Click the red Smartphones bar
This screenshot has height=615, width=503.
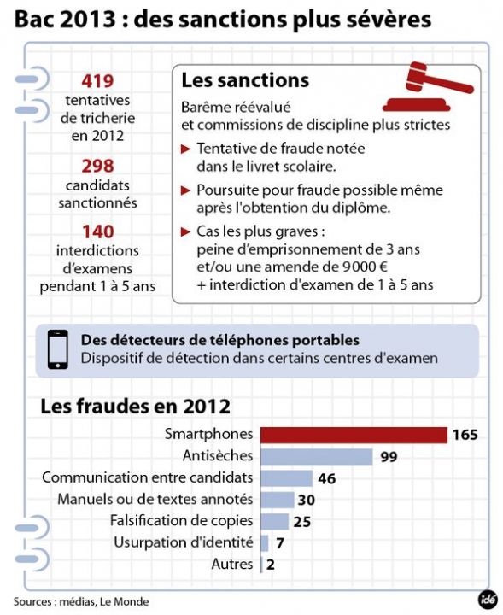(354, 435)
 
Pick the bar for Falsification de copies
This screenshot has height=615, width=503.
(274, 521)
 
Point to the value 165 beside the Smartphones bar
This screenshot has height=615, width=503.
(465, 435)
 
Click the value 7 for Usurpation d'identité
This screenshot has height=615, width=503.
(280, 542)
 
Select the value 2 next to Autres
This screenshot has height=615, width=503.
(270, 564)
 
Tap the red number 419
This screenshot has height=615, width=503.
(97, 82)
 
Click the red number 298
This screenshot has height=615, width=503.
(97, 166)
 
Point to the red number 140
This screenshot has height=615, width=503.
(97, 231)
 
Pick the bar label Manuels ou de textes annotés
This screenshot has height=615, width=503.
(155, 499)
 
